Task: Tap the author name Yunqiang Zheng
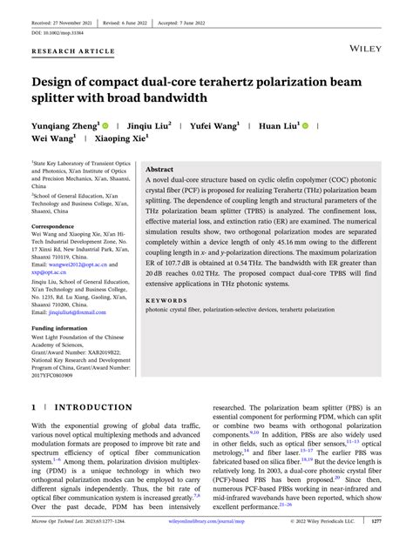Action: coord(67,125)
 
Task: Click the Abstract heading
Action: coord(159,170)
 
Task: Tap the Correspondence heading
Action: coord(58,225)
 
